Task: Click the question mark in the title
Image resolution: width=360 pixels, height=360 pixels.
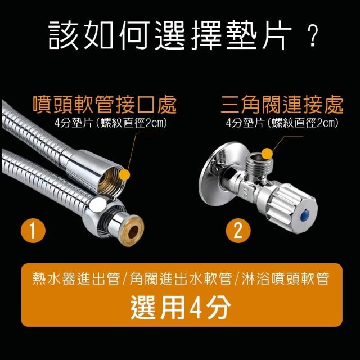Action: (313, 37)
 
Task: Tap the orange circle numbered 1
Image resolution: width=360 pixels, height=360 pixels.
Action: (33, 230)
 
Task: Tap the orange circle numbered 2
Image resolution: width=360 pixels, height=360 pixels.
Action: (238, 230)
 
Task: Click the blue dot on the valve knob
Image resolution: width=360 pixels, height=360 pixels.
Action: (305, 215)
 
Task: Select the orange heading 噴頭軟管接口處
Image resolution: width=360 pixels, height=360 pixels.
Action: (105, 105)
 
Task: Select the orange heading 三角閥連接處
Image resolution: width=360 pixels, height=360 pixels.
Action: (282, 105)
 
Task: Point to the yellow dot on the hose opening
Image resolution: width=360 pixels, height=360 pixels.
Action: (124, 175)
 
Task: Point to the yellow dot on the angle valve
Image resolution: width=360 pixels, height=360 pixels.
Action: (267, 154)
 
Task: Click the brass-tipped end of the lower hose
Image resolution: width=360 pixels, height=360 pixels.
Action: (133, 231)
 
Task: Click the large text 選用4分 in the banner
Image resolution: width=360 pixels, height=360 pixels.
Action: (181, 307)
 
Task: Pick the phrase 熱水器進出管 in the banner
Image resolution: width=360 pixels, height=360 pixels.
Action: (76, 279)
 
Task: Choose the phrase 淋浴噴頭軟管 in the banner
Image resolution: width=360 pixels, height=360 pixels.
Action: (285, 279)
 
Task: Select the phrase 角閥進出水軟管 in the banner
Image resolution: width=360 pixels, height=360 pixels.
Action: (181, 279)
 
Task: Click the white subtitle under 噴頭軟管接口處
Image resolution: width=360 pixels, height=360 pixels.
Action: (110, 123)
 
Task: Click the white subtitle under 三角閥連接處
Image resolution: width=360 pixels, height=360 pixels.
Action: (282, 123)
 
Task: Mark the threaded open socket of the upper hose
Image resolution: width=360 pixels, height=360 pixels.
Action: (110, 179)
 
